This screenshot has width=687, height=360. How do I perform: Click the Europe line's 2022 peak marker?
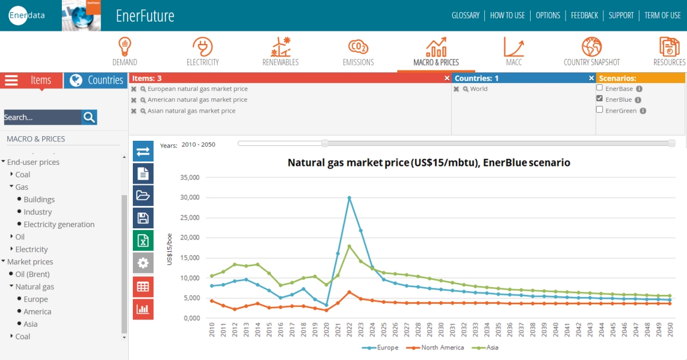click(x=349, y=198)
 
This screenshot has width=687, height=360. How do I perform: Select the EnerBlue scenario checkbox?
click(x=599, y=99)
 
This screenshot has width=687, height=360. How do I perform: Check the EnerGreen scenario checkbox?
click(x=599, y=110)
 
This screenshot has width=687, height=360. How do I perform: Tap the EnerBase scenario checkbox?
click(x=599, y=88)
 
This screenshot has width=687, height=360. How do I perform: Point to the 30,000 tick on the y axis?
click(x=189, y=197)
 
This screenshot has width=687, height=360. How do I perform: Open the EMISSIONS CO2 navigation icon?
click(x=358, y=47)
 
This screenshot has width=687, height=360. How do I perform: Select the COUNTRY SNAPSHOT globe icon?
click(x=591, y=47)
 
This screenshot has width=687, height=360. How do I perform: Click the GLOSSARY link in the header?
click(x=465, y=15)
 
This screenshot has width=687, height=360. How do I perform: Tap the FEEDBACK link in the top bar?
click(x=584, y=15)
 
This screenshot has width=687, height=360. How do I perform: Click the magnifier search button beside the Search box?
click(x=89, y=117)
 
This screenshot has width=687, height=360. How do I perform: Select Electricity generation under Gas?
click(x=59, y=224)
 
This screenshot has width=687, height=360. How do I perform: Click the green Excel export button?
click(x=143, y=240)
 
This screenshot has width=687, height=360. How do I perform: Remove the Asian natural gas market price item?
click(x=134, y=111)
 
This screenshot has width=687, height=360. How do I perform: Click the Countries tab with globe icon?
click(x=96, y=80)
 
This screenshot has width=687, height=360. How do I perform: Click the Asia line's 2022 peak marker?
click(x=349, y=246)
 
